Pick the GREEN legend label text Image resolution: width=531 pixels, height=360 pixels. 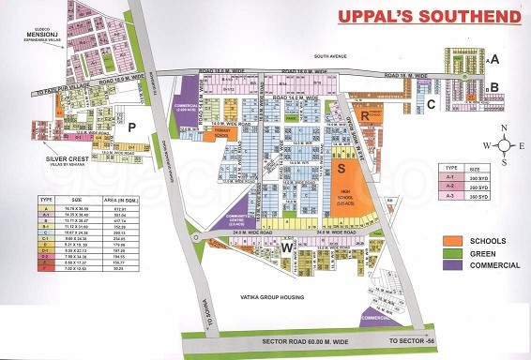495,253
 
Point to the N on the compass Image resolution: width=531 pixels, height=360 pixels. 505,128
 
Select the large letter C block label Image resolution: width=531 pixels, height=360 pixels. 430,104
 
